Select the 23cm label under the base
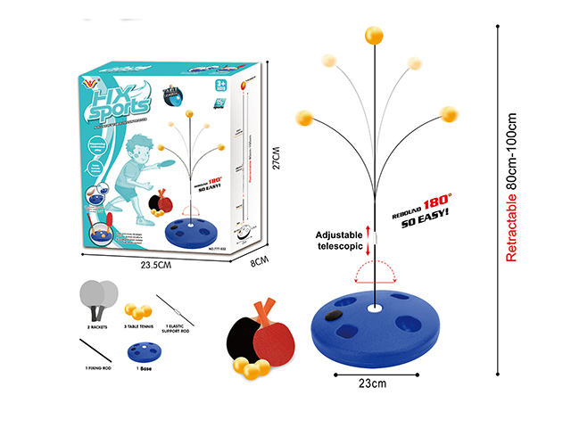click(x=375, y=384)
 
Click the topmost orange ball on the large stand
click(x=372, y=37)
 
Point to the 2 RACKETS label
click(x=97, y=327)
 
